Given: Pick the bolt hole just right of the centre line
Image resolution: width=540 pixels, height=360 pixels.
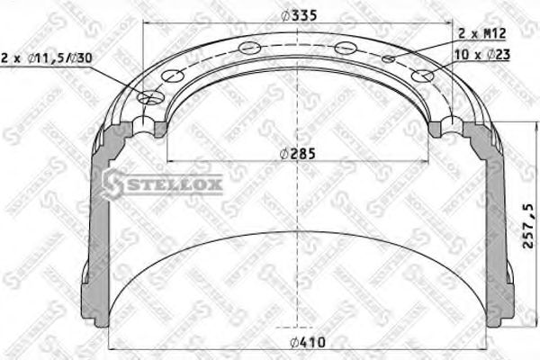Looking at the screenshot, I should pyautogui.click(x=343, y=48).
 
